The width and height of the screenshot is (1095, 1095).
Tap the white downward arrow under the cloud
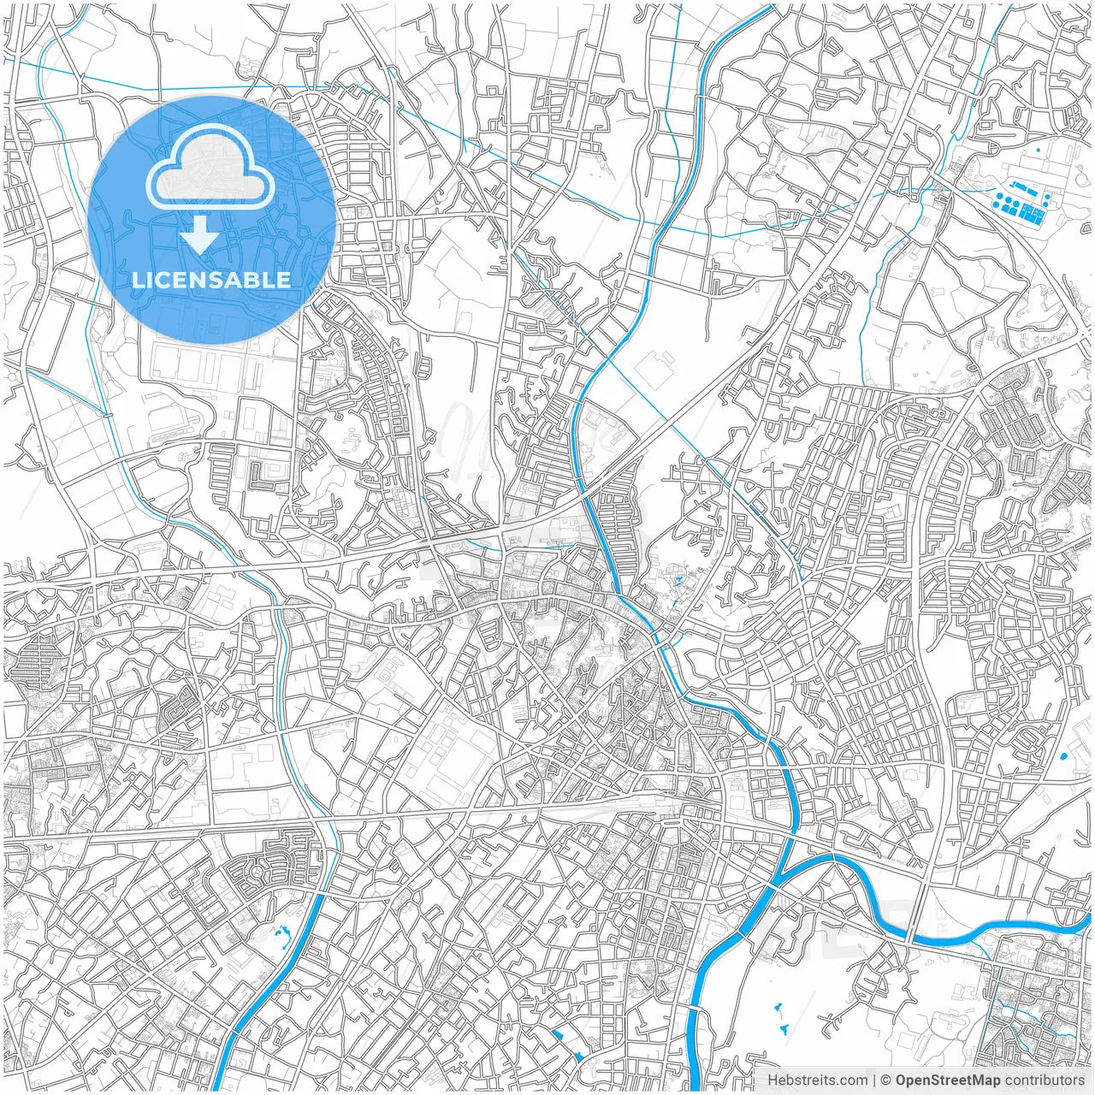[x=200, y=235]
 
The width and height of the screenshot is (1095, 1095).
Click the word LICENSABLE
[x=210, y=280]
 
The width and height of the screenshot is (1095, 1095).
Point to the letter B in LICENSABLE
[x=252, y=280]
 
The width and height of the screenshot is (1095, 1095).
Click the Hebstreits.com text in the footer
[x=816, y=1080]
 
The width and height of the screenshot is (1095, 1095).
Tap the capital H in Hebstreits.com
[x=772, y=1080]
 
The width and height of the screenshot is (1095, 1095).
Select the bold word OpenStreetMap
[x=947, y=1080]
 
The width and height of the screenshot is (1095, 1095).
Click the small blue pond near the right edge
[x=1063, y=757]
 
